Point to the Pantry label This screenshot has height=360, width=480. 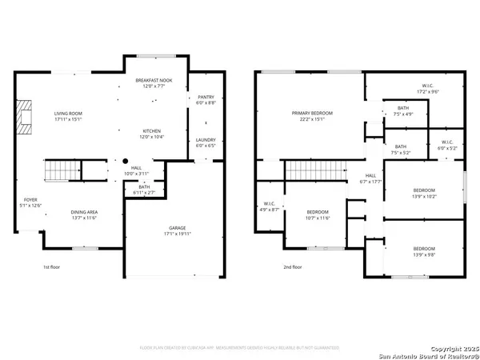pos(205,100)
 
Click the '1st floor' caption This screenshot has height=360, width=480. pos(52,267)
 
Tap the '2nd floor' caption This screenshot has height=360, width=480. pos(293,267)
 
